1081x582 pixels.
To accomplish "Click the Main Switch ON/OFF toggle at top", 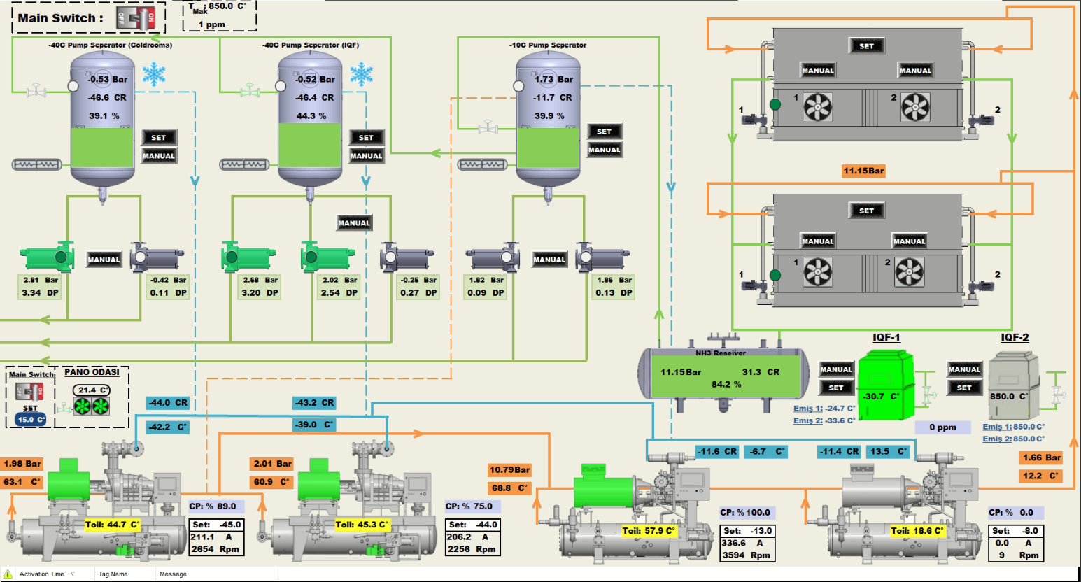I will coord(136,19).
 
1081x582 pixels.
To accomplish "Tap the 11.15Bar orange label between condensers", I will coord(863,171).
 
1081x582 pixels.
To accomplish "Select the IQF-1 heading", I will coord(886,337).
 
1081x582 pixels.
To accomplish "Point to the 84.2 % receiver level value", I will coord(726,384).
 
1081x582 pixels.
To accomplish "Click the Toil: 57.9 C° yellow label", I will coord(649,530).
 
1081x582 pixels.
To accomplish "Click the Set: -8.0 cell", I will coord(1015,531).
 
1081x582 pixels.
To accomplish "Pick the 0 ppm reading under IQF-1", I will coord(942,427).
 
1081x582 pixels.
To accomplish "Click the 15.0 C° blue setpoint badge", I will coord(31,420).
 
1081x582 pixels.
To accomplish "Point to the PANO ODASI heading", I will coord(92,372).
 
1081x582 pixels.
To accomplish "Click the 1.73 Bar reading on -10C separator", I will coord(553,80).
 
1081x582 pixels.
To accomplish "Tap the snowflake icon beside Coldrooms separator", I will coord(154,73).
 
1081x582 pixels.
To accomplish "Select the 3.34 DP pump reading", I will coord(40,293).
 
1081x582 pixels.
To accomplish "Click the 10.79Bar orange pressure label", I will coord(509,470).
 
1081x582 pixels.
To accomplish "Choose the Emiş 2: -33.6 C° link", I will coord(824,420).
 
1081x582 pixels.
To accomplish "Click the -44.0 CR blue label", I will coord(167,403).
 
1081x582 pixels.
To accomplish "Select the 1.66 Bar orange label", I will coord(1042,457).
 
